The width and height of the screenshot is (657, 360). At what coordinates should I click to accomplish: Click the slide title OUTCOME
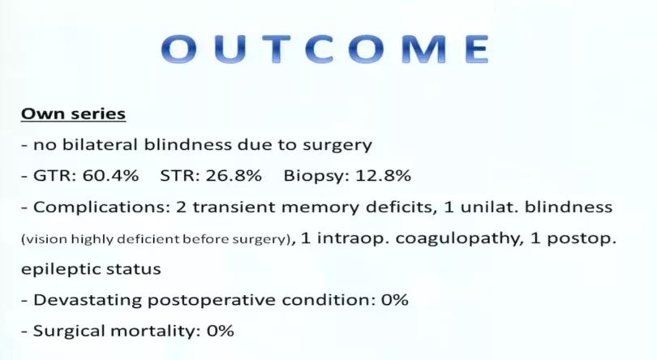[x=325, y=49]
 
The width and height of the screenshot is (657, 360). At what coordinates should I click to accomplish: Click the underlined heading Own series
[x=73, y=114]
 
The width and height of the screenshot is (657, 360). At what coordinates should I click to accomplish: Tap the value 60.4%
[x=110, y=175]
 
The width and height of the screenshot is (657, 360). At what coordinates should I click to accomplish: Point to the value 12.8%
[x=384, y=175]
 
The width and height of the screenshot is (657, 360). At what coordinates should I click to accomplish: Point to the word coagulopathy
[x=457, y=239]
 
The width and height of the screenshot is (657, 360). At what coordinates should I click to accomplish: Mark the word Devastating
[x=88, y=301]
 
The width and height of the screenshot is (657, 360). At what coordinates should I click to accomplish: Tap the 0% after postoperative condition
[x=395, y=300]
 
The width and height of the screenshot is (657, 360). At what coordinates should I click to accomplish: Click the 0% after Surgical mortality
[x=221, y=331]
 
